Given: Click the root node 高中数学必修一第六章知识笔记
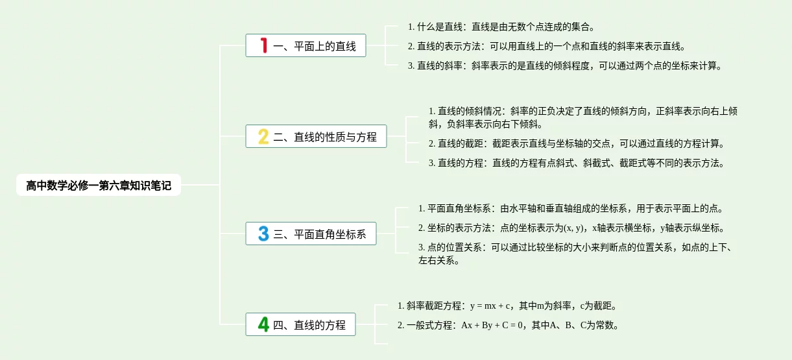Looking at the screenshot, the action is [x=99, y=186].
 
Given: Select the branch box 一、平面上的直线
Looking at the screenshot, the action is [x=306, y=46].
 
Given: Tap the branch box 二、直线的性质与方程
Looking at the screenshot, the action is [x=316, y=137].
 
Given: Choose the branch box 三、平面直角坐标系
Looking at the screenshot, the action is [x=311, y=234].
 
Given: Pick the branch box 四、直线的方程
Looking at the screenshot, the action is [x=300, y=324].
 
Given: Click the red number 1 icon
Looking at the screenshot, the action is [x=263, y=45].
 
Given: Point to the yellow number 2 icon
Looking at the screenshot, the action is [x=263, y=137].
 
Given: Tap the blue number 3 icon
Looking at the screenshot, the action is [x=263, y=234].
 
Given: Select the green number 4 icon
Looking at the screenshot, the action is [x=263, y=324].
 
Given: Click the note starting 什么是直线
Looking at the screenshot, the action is [x=501, y=27].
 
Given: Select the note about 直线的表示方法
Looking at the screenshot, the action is [x=546, y=46].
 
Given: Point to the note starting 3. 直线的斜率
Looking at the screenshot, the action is [x=564, y=66].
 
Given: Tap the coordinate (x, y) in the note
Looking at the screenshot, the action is [x=575, y=228].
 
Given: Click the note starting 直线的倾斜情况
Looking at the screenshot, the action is [x=582, y=117].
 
